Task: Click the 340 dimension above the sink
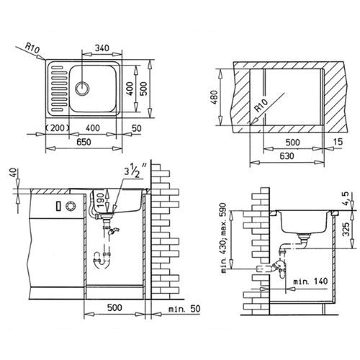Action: pyautogui.click(x=102, y=48)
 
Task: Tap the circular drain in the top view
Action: pyautogui.click(x=82, y=88)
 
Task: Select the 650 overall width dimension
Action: pyautogui.click(x=84, y=142)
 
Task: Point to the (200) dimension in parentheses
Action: pyautogui.click(x=58, y=128)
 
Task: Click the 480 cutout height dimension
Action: pyautogui.click(x=215, y=97)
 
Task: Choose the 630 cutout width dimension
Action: pyautogui.click(x=287, y=156)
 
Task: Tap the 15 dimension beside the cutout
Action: pyautogui.click(x=338, y=142)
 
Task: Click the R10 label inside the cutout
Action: pyautogui.click(x=261, y=106)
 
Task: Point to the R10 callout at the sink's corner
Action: pyautogui.click(x=32, y=49)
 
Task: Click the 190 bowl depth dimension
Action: pyautogui.click(x=101, y=200)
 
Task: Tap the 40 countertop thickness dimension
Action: pyautogui.click(x=14, y=173)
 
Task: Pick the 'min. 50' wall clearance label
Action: pyautogui.click(x=184, y=309)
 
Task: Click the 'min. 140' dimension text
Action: pyautogui.click(x=310, y=281)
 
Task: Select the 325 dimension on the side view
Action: pyautogui.click(x=346, y=230)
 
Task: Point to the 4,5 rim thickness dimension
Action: pyautogui.click(x=346, y=199)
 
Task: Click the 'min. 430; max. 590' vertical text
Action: pyautogui.click(x=223, y=238)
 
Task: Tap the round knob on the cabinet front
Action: pyautogui.click(x=71, y=206)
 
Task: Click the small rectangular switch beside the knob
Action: pyautogui.click(x=58, y=206)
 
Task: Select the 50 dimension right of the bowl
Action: pyautogui.click(x=137, y=128)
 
